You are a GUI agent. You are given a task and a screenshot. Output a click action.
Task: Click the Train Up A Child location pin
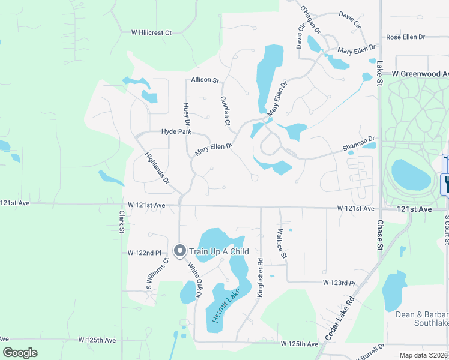click(x=179, y=251)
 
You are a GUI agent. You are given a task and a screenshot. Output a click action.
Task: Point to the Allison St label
click(x=205, y=79)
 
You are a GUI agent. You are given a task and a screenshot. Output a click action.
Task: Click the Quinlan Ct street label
click(x=225, y=111)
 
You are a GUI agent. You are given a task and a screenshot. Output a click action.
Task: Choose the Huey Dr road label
click(x=186, y=115)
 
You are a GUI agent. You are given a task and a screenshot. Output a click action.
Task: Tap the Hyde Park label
click(x=176, y=131)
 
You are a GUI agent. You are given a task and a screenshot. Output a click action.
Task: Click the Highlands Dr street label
click(x=158, y=167)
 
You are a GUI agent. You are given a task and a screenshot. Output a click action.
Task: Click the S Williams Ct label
click(x=157, y=273)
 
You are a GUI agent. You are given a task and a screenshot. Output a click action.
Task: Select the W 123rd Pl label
click(x=339, y=282)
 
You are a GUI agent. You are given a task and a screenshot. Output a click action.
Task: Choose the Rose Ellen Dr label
click(x=405, y=37)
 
